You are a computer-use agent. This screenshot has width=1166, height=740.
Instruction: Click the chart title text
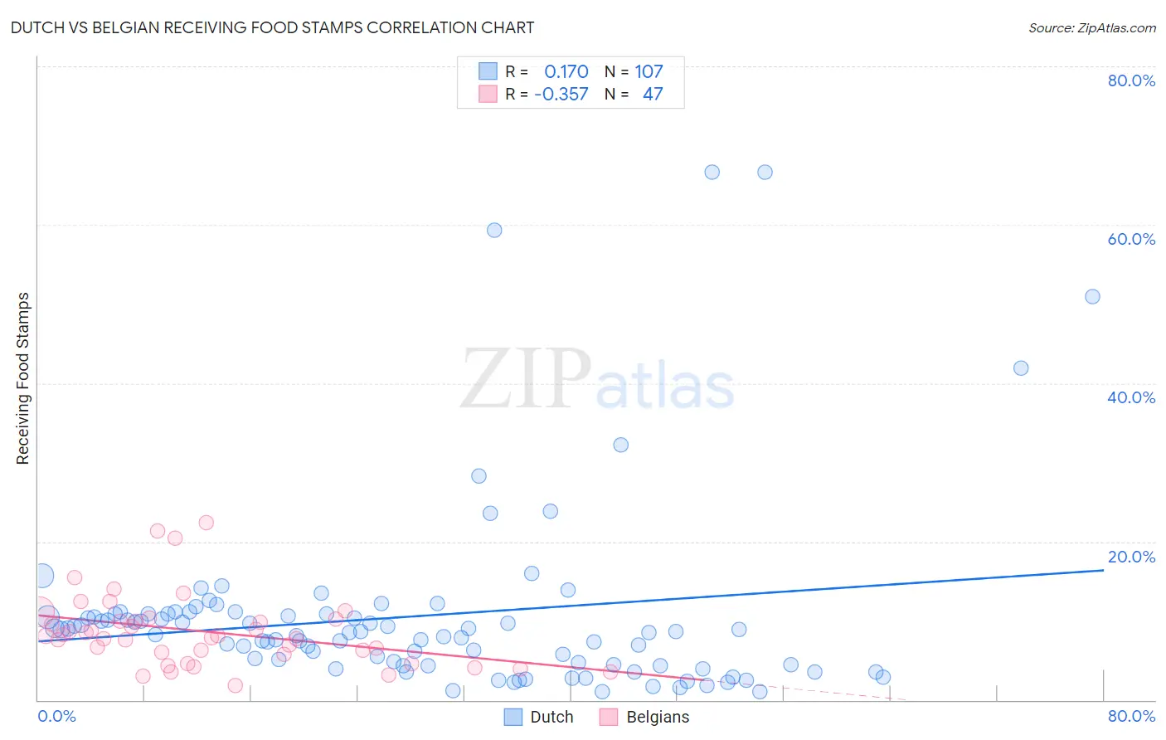272,27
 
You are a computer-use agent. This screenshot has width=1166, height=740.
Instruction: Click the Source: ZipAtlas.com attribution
1091,27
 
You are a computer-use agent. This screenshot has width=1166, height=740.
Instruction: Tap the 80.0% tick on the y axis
1131,80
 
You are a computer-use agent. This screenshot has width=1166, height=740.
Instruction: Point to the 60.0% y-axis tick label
1131,239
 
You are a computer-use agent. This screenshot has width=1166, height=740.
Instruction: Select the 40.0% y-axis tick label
1131,397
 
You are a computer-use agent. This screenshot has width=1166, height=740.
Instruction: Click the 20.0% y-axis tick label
1131,557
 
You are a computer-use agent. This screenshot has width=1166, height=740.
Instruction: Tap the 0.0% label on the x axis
56,716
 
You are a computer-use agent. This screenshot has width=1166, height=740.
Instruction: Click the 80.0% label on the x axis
1131,716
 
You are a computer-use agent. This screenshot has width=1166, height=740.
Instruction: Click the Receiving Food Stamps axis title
23,378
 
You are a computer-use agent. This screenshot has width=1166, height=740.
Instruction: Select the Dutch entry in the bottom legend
551,717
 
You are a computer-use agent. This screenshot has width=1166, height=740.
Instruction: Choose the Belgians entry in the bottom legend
657,717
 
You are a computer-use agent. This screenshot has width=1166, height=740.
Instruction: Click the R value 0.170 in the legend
566,72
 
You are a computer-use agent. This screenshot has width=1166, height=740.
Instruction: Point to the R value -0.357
561,95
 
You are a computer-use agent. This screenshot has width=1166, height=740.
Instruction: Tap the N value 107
649,72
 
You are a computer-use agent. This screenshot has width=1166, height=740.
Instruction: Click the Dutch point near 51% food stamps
1092,297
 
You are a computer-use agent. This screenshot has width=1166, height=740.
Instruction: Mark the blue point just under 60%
494,231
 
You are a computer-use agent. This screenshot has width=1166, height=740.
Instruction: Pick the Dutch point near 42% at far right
1021,368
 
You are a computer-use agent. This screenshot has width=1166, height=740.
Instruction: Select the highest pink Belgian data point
206,523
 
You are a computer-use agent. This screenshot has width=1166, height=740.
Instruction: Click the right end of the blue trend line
1103,570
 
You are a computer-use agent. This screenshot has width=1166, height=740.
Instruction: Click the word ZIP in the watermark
526,378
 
